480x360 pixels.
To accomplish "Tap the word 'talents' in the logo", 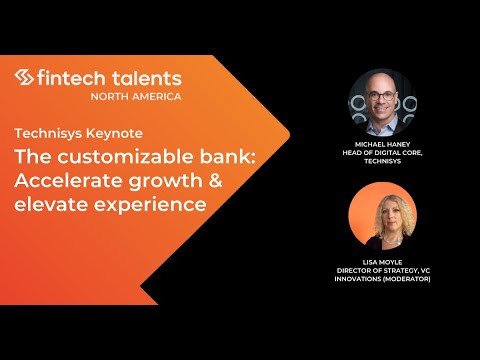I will click(x=146, y=79).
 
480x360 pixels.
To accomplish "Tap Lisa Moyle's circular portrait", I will click(x=383, y=216).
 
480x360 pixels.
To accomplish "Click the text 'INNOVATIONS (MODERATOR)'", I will click(x=384, y=279).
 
